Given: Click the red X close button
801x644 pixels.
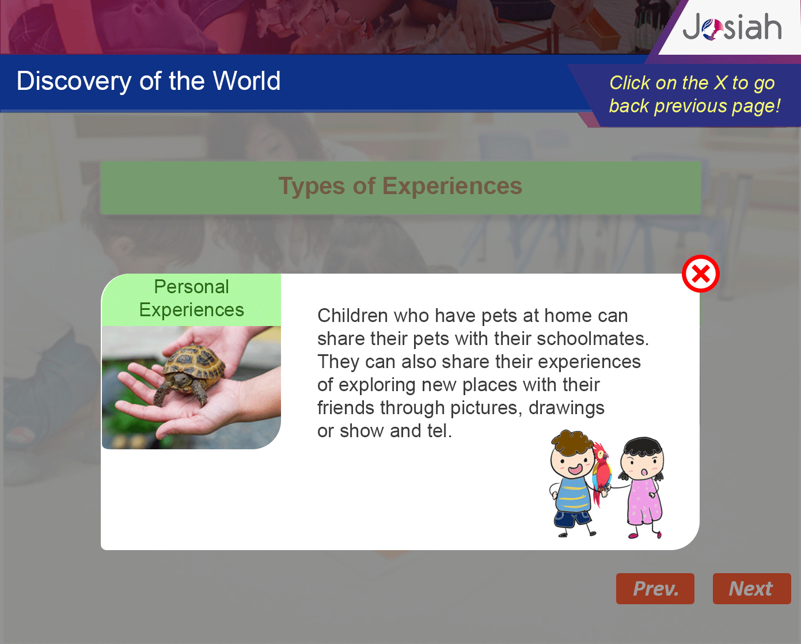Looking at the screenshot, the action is tap(700, 274).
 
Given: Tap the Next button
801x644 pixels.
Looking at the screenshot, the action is tap(751, 589).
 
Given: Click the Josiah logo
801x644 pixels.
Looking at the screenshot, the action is tap(732, 27).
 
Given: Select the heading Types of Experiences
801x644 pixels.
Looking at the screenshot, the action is tap(401, 186).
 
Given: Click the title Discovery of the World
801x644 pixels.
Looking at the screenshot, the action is tap(149, 81).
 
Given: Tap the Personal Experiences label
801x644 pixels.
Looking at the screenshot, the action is tap(191, 298).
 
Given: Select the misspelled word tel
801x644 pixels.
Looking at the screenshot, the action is tap(439, 431).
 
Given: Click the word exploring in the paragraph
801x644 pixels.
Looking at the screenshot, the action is tap(377, 385).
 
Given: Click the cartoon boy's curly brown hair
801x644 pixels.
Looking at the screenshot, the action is tap(571, 442).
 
